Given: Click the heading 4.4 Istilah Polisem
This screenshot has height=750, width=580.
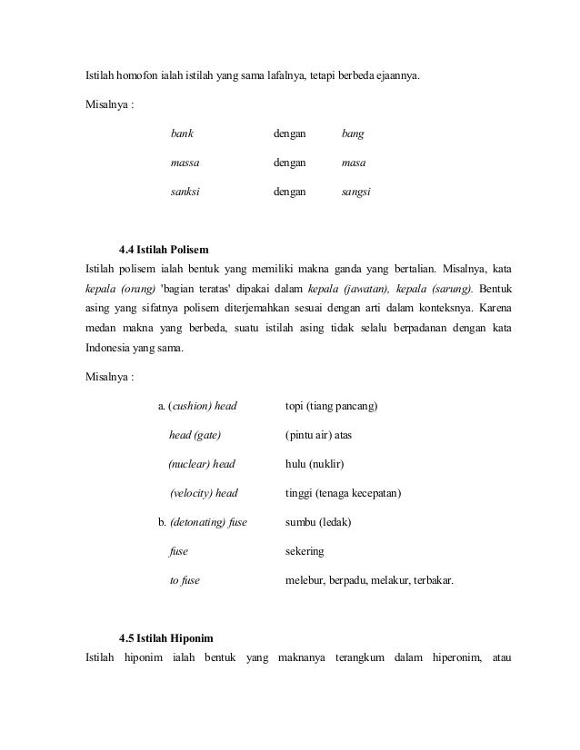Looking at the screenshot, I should tap(168, 249).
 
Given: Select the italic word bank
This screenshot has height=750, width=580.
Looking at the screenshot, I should tap(182, 133).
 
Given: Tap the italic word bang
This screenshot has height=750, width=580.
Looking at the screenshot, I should tap(352, 133).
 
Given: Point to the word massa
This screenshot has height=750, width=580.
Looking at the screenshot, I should tap(185, 163).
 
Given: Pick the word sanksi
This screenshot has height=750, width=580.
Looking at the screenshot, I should tap(185, 192).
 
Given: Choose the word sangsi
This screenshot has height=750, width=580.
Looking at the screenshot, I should tap(355, 192).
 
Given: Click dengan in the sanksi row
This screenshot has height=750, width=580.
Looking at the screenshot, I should tap(290, 192).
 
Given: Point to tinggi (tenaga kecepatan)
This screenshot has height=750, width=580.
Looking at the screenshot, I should tap(343, 493).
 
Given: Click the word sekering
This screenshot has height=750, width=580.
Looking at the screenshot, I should tap(305, 551).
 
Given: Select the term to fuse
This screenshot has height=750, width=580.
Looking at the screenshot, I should tap(185, 580).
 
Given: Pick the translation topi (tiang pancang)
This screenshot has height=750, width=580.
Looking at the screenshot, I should tap(331, 405).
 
